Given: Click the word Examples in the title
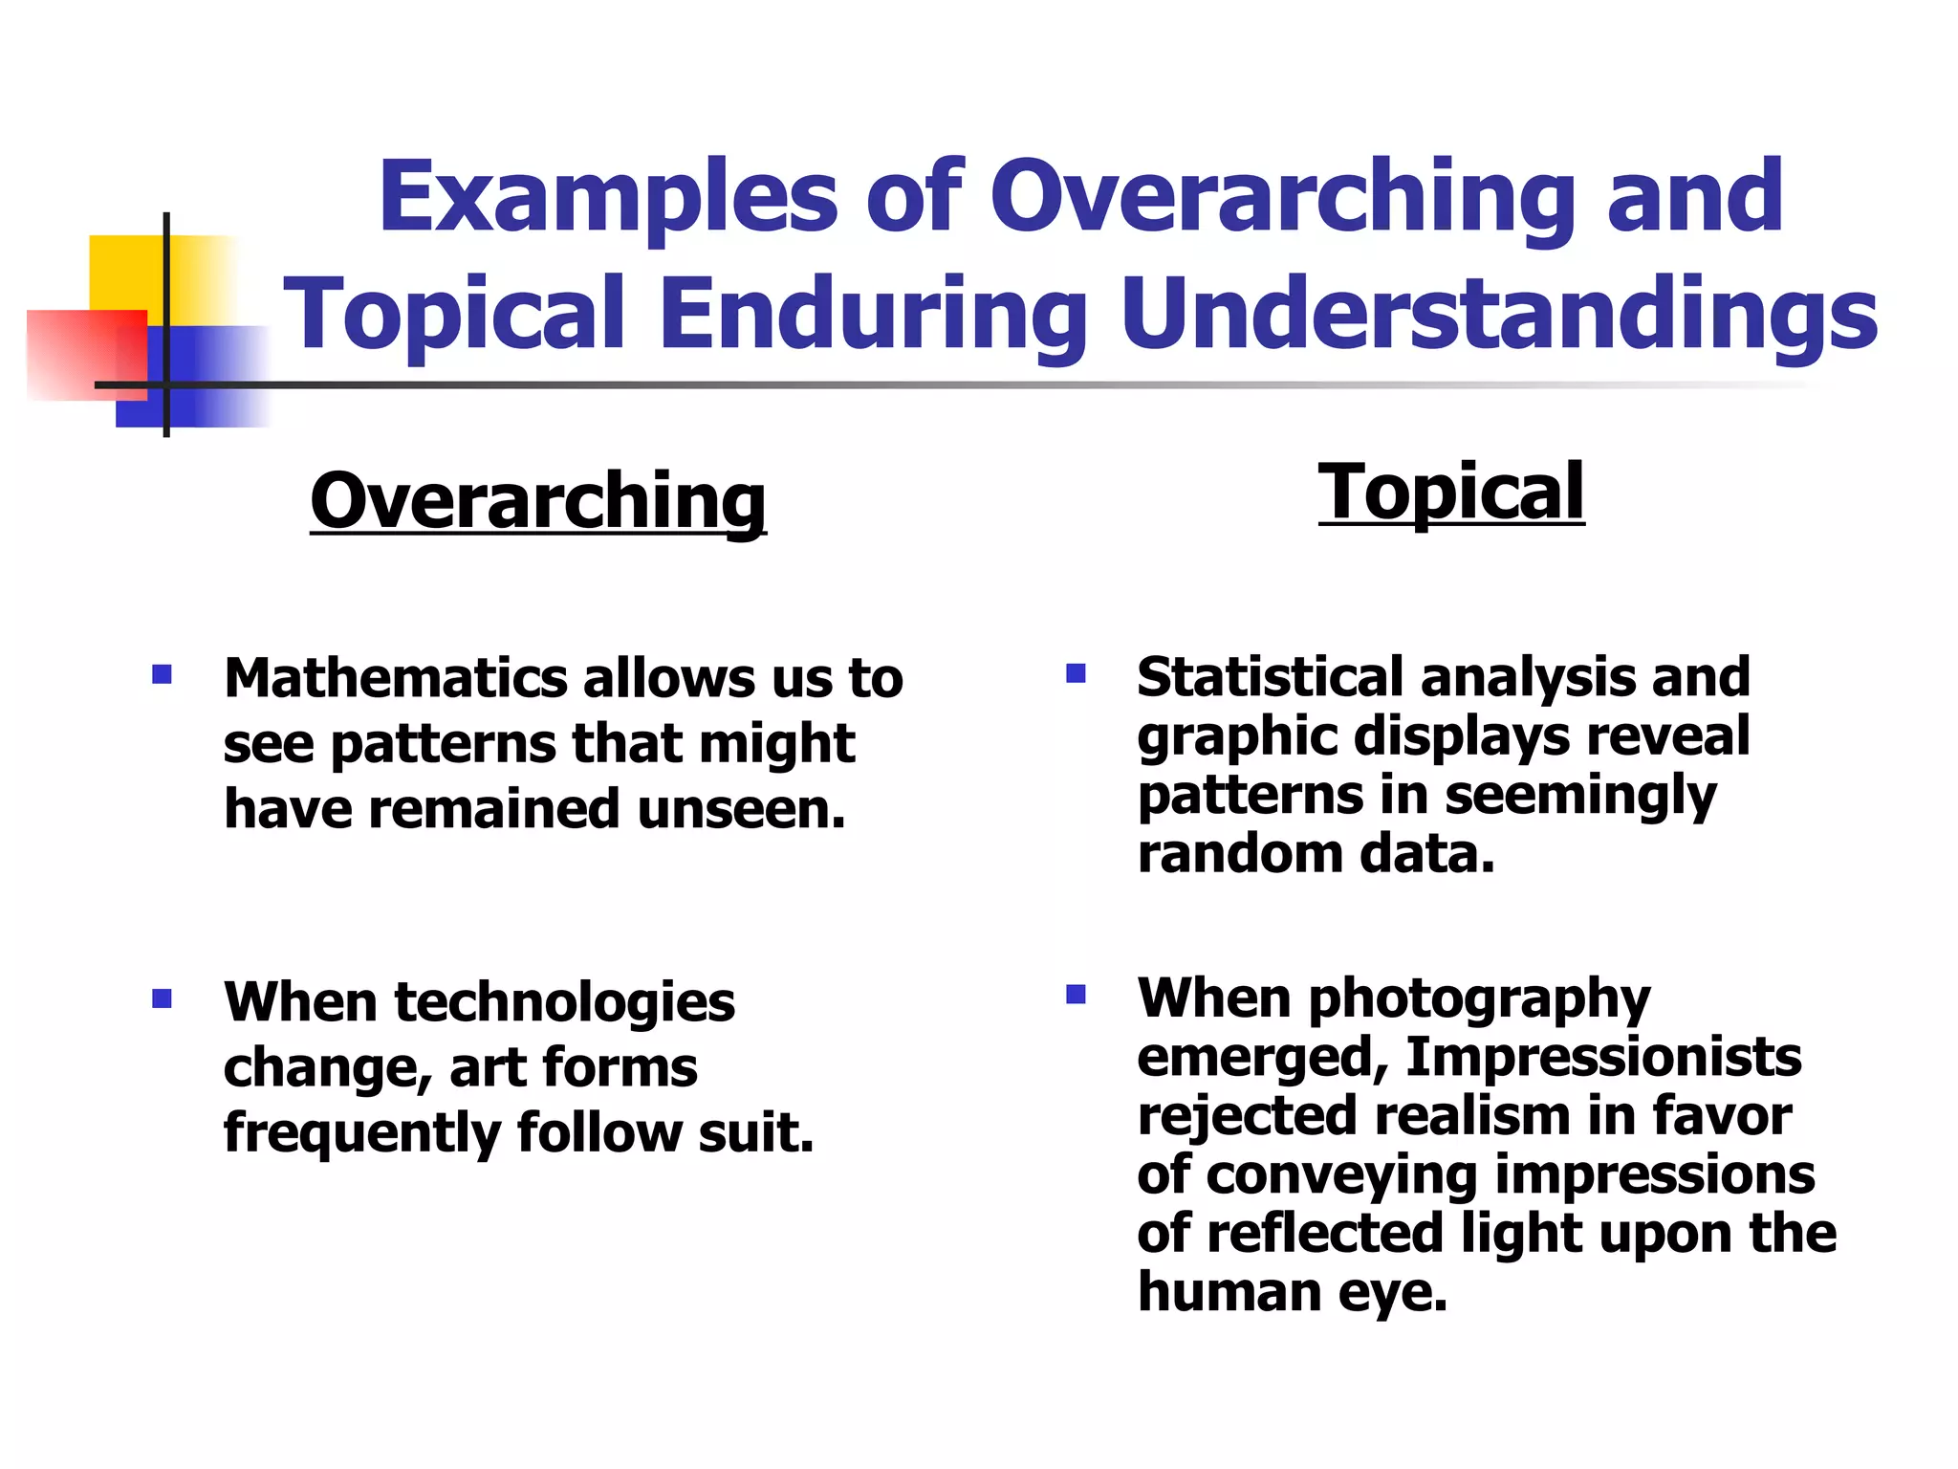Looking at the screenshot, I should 608,198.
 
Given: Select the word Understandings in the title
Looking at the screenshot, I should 1499,314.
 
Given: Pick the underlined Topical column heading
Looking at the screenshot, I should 1451,492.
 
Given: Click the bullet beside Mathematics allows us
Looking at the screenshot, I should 162,675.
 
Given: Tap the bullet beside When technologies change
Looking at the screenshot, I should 162,999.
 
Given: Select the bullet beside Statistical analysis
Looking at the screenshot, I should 1076,673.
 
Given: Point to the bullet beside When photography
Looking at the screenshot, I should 1076,995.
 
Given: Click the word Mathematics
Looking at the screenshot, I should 396,678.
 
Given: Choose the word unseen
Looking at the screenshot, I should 741,809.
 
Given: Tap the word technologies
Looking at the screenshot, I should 564,1002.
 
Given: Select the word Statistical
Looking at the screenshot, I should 1270,677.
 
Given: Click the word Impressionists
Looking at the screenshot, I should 1603,1057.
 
